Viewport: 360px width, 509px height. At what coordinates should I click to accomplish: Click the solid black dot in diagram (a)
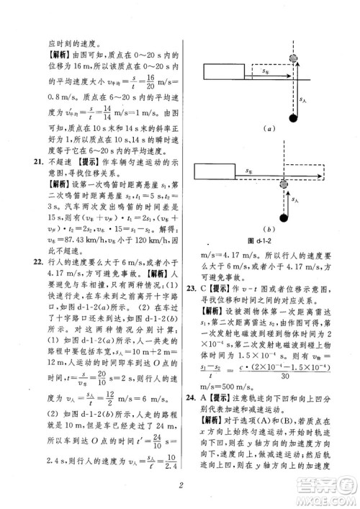point(292,117)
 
